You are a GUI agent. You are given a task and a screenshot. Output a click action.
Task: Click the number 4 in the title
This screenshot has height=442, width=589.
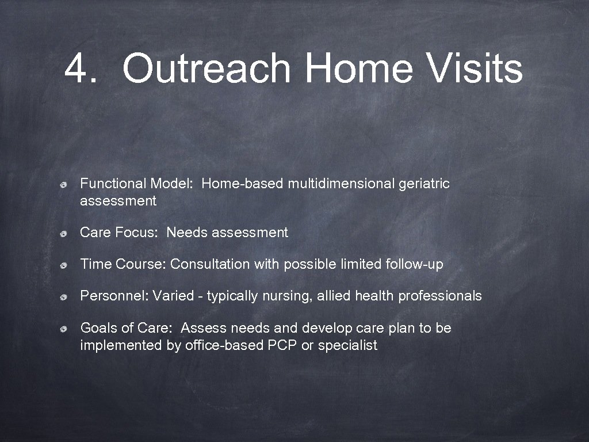[78, 68]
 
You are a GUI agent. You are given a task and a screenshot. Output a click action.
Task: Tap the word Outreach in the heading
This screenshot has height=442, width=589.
[207, 68]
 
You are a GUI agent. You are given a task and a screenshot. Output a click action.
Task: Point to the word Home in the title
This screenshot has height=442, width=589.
[358, 68]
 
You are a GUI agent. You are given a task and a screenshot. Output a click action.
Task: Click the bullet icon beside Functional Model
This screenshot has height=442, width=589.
[67, 185]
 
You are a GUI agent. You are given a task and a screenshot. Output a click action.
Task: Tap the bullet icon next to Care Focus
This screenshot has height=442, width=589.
[67, 234]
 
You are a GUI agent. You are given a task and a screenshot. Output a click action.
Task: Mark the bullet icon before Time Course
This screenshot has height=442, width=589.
[67, 265]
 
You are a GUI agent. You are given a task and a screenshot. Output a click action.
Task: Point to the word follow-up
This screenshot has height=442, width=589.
[414, 264]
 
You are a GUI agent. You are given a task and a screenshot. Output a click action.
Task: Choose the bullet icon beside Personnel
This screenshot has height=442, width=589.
[67, 297]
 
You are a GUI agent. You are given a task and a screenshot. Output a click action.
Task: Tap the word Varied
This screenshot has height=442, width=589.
[172, 296]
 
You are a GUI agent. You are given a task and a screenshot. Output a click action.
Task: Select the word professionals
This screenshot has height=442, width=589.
[440, 296]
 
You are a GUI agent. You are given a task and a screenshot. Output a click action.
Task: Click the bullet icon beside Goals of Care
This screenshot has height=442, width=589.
[67, 329]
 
